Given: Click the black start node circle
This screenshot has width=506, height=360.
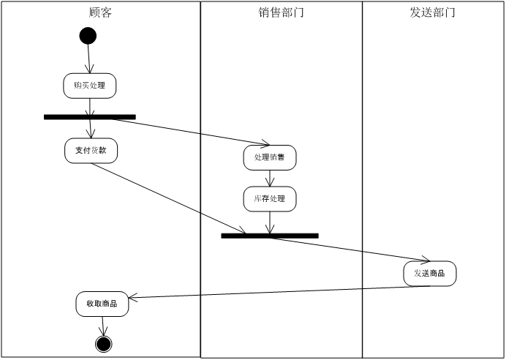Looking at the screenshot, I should [88, 36].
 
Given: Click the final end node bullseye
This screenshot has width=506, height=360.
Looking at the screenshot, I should [103, 344].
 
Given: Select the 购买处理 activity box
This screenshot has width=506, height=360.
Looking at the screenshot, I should [90, 86].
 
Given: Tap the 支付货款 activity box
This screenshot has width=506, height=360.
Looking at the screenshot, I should [91, 150].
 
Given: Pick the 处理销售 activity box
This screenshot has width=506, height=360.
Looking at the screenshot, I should [270, 157].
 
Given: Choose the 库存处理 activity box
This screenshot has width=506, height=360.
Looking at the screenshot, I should [270, 198].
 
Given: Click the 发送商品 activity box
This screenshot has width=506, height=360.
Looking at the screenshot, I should [430, 274].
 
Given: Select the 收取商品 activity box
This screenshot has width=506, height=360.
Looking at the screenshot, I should [102, 304].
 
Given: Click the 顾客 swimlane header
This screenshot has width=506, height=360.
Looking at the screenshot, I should [100, 12].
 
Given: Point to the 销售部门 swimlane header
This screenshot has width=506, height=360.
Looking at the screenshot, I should [282, 12].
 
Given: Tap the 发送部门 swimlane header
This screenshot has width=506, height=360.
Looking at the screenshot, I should [433, 12].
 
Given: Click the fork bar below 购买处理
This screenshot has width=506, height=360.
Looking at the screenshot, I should [90, 117].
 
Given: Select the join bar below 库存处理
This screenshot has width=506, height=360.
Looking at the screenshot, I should [270, 236].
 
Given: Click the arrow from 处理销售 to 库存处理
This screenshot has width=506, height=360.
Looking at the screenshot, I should [270, 178].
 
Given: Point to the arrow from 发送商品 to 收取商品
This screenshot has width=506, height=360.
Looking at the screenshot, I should [271, 293].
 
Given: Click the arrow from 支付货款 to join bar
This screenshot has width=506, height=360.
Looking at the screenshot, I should [168, 198].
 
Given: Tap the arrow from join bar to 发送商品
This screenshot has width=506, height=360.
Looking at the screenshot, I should [344, 249].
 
